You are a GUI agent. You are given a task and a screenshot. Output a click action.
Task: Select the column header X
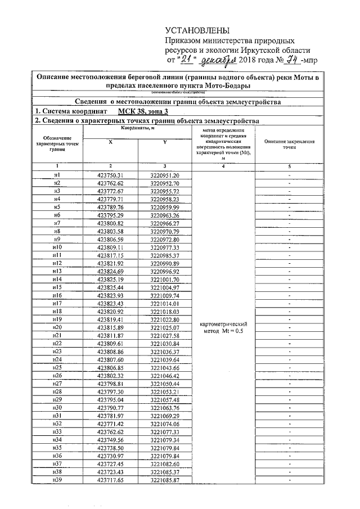point(110,142)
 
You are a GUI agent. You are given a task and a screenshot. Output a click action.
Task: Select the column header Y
point(165,142)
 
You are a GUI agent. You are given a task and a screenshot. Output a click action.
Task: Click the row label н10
point(57,247)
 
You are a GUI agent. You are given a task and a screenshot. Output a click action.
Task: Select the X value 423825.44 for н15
point(110,287)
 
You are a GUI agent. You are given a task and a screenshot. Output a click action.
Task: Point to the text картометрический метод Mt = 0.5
point(224,327)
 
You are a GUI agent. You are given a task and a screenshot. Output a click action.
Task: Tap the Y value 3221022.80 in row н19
point(165,319)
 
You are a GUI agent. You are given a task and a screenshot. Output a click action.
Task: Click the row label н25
point(57,367)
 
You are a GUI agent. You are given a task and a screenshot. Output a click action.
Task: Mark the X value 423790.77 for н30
point(110,407)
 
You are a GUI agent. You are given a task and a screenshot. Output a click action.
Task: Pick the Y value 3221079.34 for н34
point(165,439)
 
